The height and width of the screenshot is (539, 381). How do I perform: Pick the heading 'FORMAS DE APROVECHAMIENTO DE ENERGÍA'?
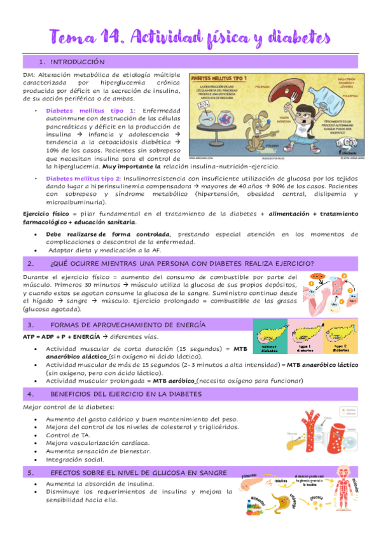(127, 325)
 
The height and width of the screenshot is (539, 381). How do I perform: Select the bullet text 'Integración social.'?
(77, 459)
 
